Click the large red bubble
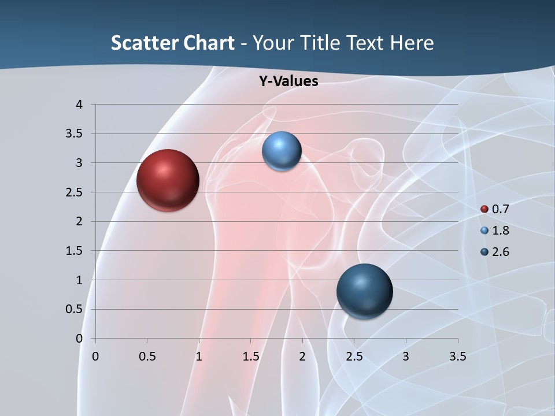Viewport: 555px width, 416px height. [168, 180]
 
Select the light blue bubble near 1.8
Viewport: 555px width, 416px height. [282, 151]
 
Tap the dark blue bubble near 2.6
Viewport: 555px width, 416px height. [364, 291]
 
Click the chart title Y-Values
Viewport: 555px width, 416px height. [288, 81]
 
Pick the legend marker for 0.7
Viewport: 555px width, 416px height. [484, 209]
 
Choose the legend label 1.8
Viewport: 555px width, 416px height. [500, 231]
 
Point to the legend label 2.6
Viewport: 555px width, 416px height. [500, 252]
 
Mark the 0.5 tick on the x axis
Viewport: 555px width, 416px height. [147, 356]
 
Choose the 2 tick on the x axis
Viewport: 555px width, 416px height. [302, 356]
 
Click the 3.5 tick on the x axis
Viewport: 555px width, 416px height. [457, 356]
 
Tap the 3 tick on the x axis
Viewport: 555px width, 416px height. [406, 356]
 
